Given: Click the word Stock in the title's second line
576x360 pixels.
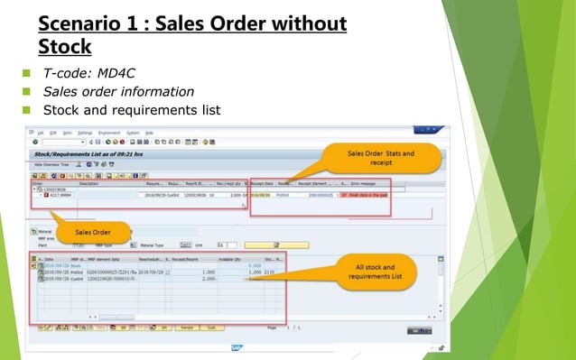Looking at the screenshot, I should pos(65,44).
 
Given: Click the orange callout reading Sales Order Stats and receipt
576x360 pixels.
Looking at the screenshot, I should pos(381,159).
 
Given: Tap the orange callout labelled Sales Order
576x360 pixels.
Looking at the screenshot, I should pos(94,233).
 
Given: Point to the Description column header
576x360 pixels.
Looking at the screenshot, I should pos(89,182).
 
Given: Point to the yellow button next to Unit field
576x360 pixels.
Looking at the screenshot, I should pos(264,245).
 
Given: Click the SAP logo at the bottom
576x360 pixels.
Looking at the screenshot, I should pos(237,346).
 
